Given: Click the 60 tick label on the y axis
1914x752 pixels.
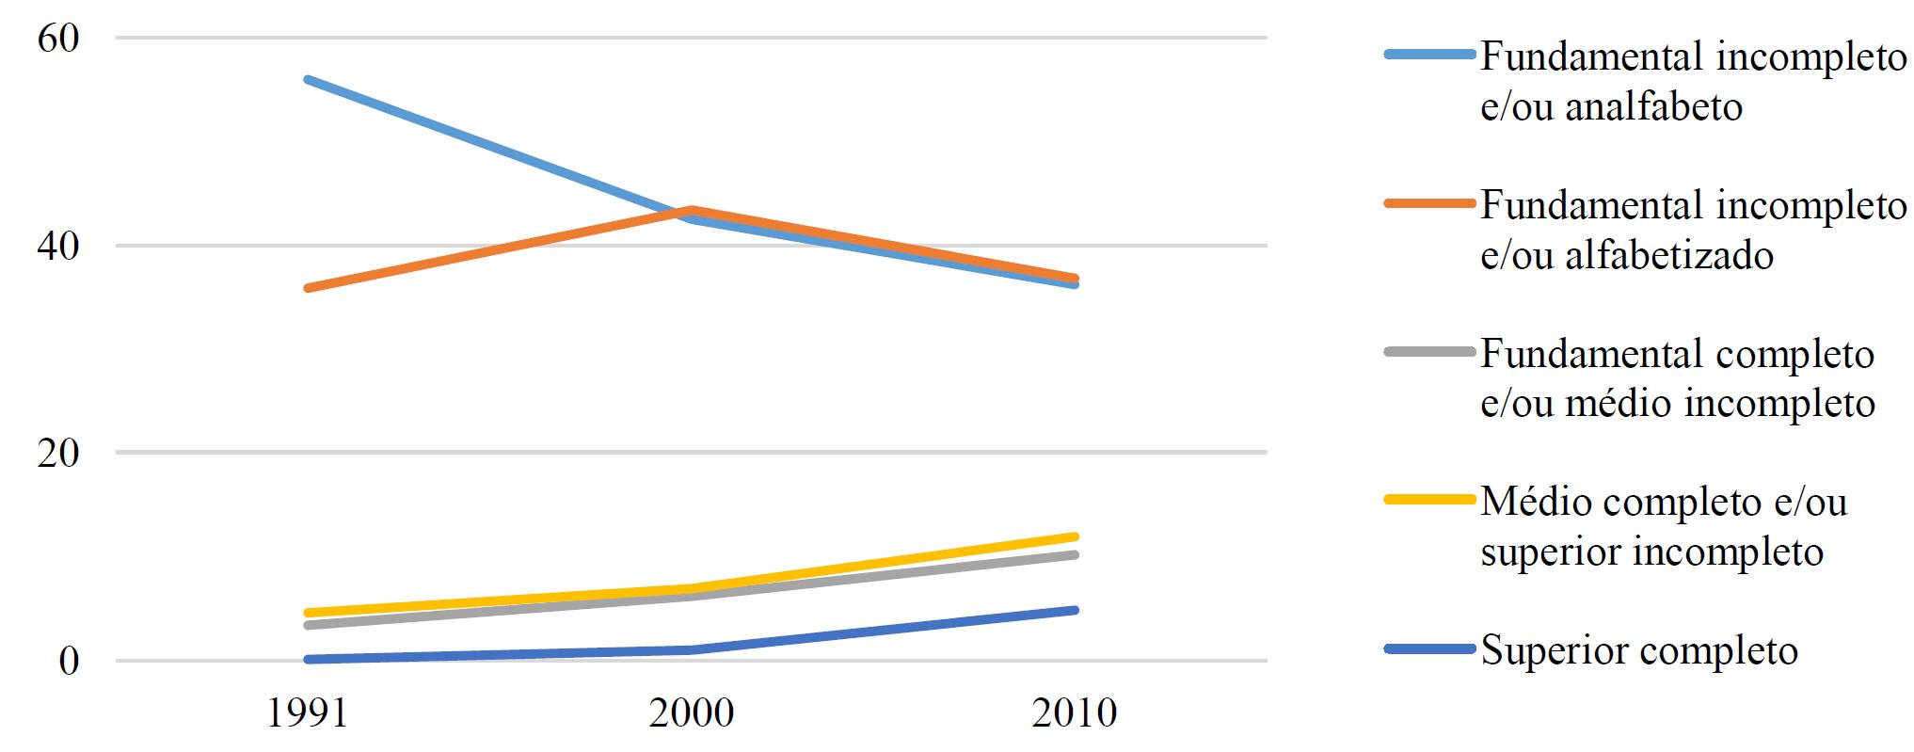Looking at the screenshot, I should point(58,39).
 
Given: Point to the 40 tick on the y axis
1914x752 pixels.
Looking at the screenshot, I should point(58,247).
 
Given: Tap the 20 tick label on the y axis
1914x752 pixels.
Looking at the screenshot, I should point(58,454).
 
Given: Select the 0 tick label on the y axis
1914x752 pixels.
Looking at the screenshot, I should point(70,662).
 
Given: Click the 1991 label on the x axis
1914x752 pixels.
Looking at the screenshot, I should point(307,713).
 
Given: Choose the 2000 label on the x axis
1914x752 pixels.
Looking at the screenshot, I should point(692,713).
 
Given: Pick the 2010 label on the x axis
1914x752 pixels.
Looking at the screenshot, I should point(1075,713).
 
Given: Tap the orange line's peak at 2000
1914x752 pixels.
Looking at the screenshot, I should point(692,210).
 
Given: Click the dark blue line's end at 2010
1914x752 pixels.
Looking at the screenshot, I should point(1075,611).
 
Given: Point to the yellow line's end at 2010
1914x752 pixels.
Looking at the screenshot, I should point(1075,536).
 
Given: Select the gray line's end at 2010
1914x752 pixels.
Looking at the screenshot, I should point(1075,555).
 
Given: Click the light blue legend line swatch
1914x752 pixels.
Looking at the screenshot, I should point(1428,56).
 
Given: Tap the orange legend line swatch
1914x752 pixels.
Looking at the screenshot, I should point(1428,202).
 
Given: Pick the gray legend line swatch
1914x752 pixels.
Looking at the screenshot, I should point(1428,352).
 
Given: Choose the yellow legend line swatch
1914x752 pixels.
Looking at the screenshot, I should point(1428,500).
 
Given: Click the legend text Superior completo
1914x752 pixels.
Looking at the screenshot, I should point(1639,650).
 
